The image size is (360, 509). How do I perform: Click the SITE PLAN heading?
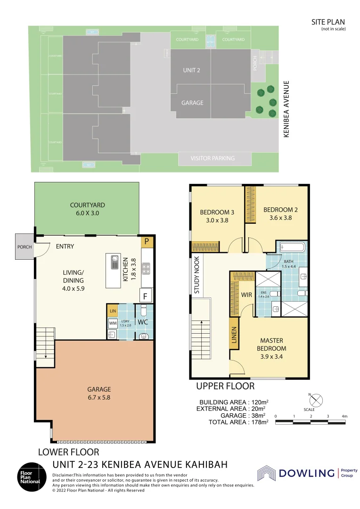coord(328,22)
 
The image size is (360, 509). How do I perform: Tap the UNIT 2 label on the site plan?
coord(191,70)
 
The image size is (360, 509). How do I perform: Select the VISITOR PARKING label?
coord(213,158)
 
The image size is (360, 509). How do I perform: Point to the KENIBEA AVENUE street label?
coord(286,109)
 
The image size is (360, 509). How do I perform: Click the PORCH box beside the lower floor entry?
coord(24,246)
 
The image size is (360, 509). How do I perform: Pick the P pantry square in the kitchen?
coord(147,242)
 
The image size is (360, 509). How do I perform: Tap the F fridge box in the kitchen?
coord(146,296)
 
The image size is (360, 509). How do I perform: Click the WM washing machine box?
coord(113,323)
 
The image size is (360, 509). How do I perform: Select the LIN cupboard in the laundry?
coord(113,311)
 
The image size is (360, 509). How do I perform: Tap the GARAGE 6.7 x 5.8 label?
coord(99,393)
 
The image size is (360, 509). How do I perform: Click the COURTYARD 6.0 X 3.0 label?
coord(87,209)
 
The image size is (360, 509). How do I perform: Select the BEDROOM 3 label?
coord(217,215)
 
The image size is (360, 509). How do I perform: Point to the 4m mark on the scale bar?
coord(344,416)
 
